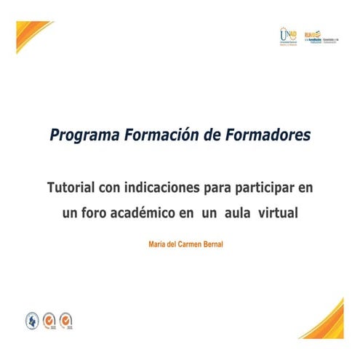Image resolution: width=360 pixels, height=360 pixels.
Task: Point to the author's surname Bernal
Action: tap(209, 244)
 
